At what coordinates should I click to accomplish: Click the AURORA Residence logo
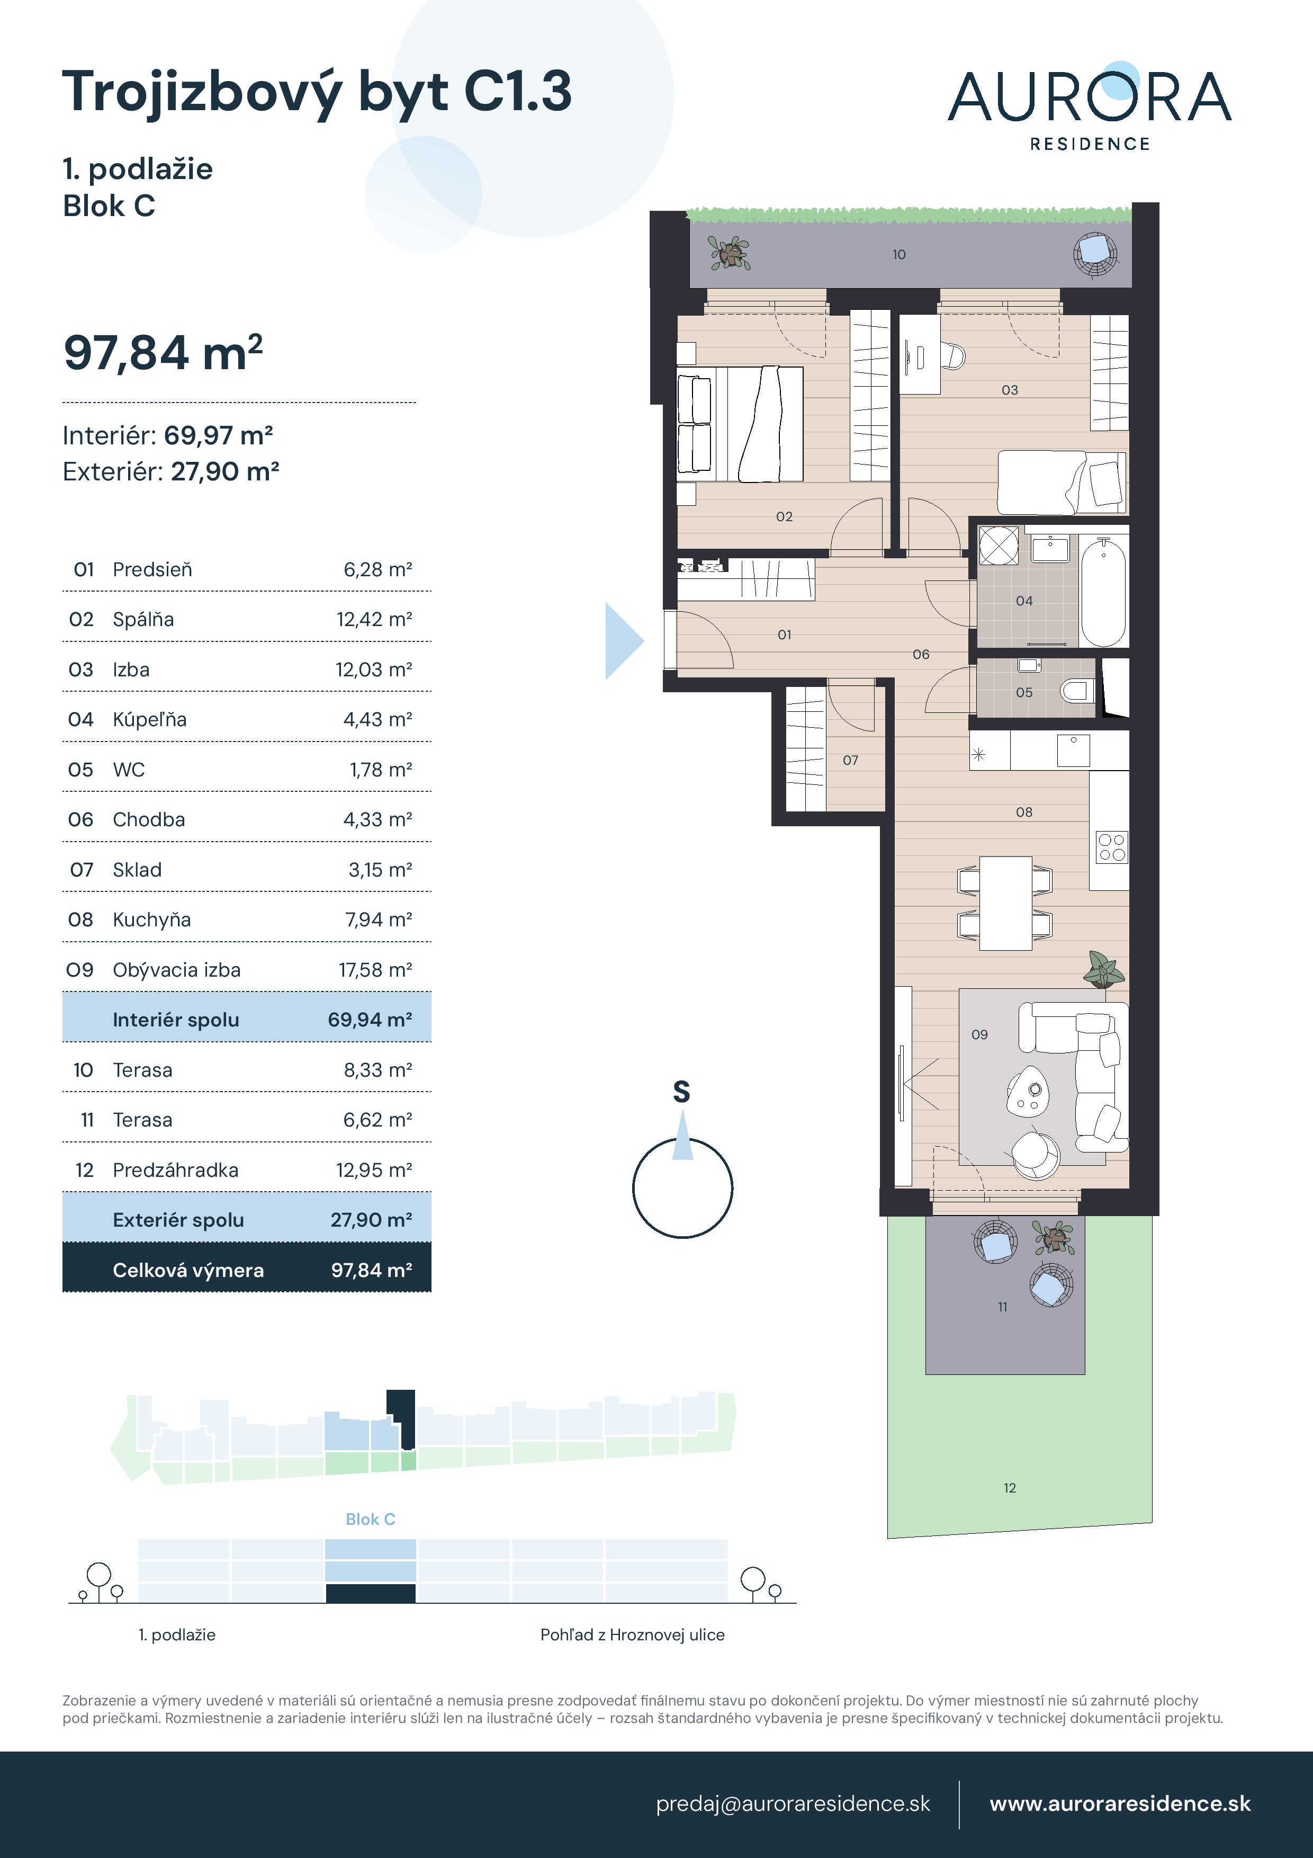(1089, 107)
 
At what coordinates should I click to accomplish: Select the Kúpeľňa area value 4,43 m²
(378, 719)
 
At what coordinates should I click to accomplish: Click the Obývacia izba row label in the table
(176, 969)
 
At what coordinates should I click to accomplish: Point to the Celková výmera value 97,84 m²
(371, 1270)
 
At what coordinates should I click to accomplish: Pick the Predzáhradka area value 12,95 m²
(374, 1170)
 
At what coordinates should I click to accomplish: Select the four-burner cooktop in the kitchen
(1112, 848)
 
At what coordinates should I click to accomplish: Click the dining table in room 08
(1005, 903)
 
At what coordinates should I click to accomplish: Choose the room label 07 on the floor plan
(850, 760)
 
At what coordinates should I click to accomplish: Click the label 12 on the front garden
(1010, 1487)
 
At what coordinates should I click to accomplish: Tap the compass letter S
(682, 1093)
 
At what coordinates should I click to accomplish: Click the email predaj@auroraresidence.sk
(793, 1804)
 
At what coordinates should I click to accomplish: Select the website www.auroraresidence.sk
(1120, 1804)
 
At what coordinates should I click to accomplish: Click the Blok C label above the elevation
(371, 1519)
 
